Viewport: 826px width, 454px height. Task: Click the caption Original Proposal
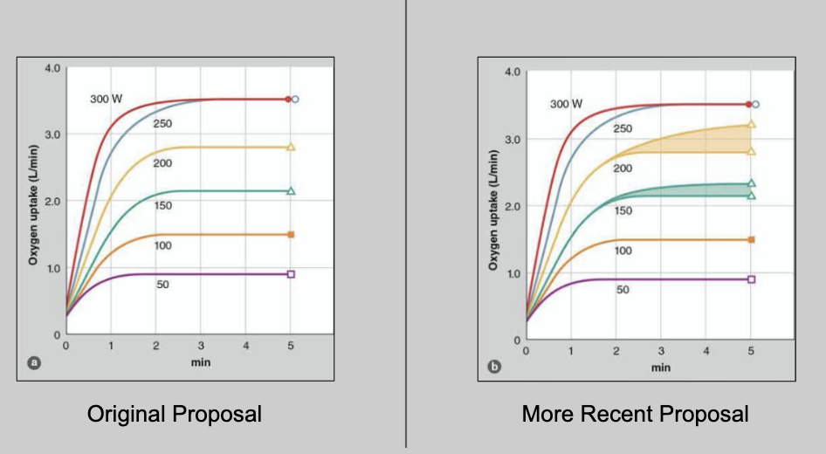coord(174,414)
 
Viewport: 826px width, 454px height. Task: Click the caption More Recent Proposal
coord(635,414)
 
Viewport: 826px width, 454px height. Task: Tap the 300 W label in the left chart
coord(106,99)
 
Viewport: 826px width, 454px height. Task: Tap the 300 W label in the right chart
coord(566,104)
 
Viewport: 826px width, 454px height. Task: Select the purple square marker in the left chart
coord(291,274)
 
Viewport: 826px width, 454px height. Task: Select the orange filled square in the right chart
coord(751,239)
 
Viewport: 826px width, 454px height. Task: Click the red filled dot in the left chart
coord(287,100)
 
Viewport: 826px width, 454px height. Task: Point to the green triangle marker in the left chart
coord(291,191)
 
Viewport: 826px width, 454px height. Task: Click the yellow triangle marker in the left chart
coord(291,148)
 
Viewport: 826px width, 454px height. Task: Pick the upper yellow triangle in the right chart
coord(751,124)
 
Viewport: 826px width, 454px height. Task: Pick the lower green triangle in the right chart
coord(751,196)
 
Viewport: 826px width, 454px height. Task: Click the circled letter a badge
coord(34,361)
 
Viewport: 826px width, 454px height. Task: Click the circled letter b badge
coord(494,367)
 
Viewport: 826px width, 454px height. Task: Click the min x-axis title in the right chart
coord(661,368)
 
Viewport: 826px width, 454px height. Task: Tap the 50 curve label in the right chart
coord(623,290)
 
